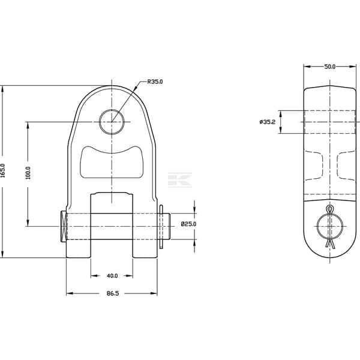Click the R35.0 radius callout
tap(155, 82)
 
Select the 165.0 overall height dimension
tap(3, 170)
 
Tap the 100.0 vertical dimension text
tap(28, 173)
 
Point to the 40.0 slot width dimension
tap(112, 275)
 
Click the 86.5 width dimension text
tap(113, 293)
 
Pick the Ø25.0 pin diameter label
tap(188, 224)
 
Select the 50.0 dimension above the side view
tap(330, 67)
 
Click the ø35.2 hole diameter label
tap(267, 122)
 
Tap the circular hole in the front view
tap(112, 122)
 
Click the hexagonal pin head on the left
tap(64, 226)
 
